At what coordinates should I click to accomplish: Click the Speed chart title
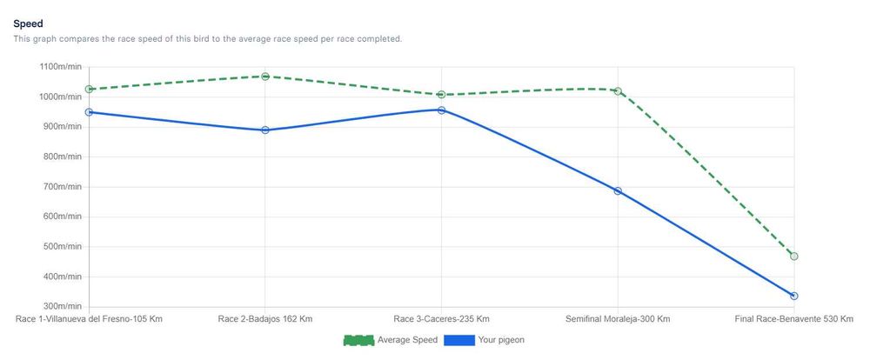[29, 23]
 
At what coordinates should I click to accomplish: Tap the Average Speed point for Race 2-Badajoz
[265, 77]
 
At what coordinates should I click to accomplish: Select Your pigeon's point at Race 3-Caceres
[442, 110]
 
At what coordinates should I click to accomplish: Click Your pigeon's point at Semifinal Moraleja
[618, 191]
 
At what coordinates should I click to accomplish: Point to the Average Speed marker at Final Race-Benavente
[794, 257]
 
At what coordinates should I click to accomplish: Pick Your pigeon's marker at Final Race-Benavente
[794, 297]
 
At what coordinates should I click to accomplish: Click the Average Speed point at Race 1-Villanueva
[89, 89]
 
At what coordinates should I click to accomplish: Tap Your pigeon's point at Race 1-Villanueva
[89, 112]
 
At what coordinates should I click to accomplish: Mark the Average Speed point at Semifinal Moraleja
[618, 90]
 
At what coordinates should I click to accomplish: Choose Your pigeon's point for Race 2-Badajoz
[265, 130]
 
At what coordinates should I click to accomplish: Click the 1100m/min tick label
[60, 67]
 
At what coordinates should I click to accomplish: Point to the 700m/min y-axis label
[62, 187]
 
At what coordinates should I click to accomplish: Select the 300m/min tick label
[62, 307]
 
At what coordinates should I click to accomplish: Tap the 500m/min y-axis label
[62, 247]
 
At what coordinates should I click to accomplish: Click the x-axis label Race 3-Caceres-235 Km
[441, 319]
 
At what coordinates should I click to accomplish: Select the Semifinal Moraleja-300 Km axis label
[618, 319]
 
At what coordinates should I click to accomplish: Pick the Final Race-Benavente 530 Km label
[793, 319]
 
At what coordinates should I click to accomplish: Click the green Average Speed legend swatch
[358, 340]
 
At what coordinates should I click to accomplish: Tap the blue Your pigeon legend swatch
[458, 340]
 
